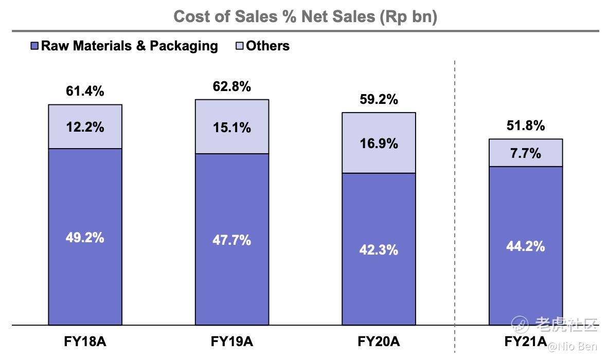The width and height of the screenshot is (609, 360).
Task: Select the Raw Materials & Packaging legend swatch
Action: tap(35, 46)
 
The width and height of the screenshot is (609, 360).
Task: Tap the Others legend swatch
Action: tap(240, 46)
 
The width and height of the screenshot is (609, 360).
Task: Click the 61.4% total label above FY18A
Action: tap(85, 92)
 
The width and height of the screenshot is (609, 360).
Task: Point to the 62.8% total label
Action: tap(232, 86)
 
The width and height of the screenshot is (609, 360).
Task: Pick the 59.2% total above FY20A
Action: tap(379, 99)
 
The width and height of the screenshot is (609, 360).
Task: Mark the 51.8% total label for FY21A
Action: tap(525, 125)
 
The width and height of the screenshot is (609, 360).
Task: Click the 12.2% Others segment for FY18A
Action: tap(85, 127)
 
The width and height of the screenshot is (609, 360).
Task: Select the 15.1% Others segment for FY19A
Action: tap(232, 127)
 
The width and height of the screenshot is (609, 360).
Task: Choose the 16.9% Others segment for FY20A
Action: tap(379, 143)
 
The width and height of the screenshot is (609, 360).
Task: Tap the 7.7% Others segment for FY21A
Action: tap(525, 153)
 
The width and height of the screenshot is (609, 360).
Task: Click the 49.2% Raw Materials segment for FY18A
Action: tap(85, 237)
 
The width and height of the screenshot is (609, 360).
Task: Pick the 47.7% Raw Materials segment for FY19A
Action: tap(232, 240)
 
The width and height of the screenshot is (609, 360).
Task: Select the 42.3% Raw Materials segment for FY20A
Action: tap(379, 249)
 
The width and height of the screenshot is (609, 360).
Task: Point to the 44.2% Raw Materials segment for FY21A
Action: tap(525, 246)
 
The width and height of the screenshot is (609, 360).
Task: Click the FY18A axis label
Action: tap(85, 342)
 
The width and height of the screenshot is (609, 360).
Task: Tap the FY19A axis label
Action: tap(232, 342)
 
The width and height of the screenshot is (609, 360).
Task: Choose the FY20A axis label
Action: tap(379, 342)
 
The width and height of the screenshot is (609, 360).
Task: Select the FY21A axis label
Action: tap(525, 342)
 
